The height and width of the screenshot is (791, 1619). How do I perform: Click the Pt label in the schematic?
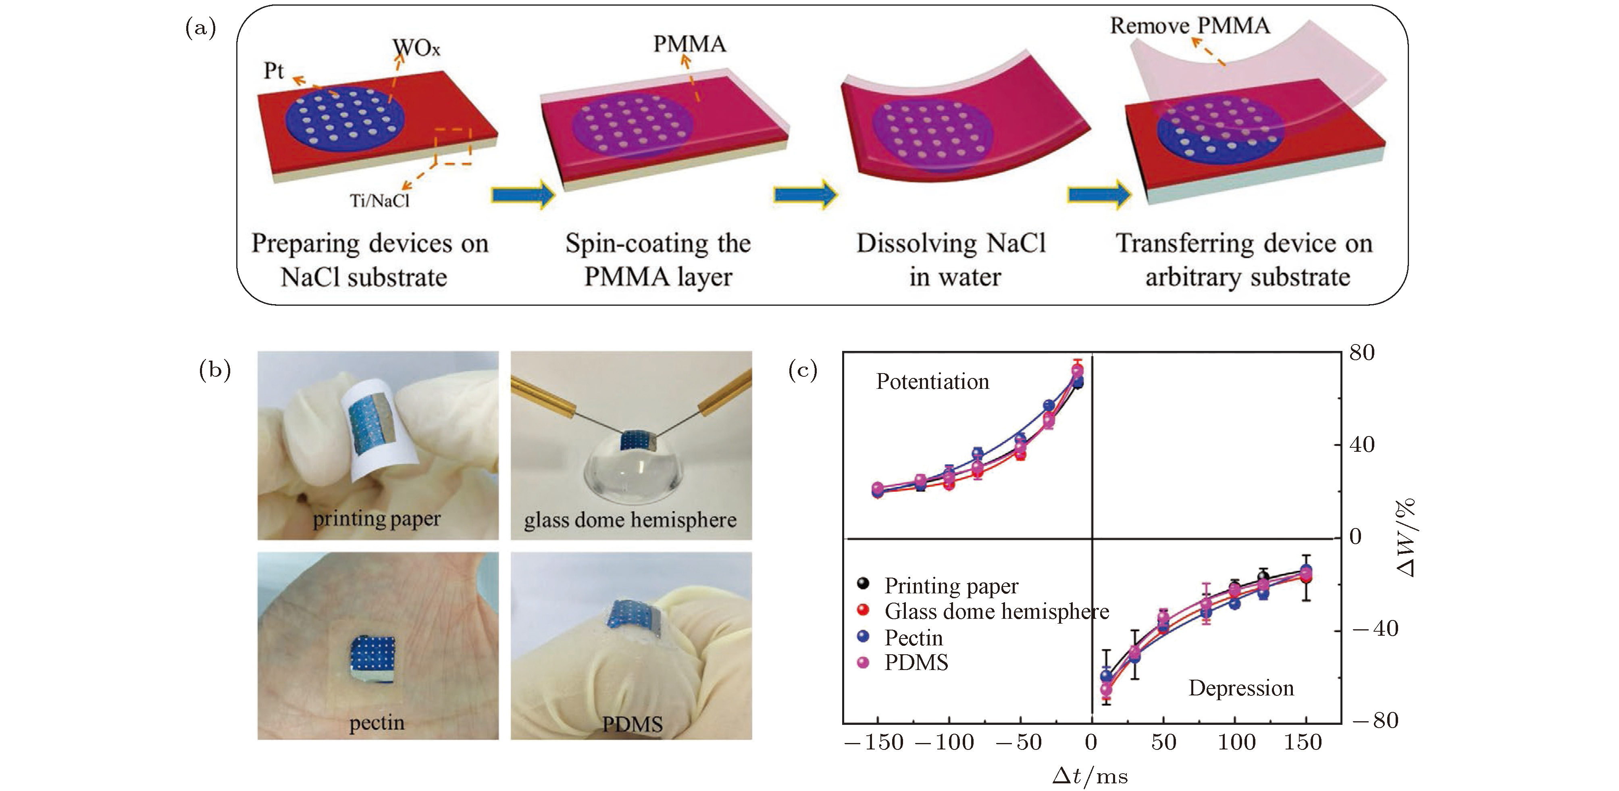pos(273,71)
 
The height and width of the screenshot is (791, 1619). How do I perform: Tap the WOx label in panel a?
pos(416,47)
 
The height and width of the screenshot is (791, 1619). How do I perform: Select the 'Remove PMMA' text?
pos(1189,26)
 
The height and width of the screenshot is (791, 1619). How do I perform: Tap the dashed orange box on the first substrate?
pos(452,146)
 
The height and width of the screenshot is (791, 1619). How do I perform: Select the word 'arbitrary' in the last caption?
pos(1194,277)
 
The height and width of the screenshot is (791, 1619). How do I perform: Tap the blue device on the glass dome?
pos(636,440)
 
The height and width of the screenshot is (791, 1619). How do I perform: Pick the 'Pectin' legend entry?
pos(913,638)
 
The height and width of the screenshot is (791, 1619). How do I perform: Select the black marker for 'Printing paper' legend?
pos(864,584)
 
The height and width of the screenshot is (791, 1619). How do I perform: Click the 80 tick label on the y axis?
pos(1362,353)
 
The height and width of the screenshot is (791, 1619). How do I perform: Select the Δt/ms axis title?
pos(1090,776)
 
